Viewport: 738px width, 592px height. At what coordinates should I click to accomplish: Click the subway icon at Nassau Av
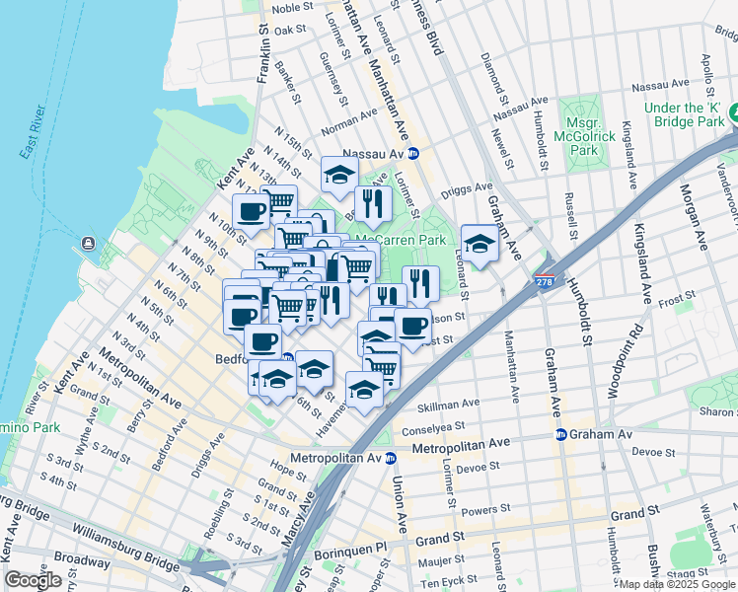click(x=414, y=154)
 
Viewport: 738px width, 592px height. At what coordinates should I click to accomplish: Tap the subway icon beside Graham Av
click(x=560, y=434)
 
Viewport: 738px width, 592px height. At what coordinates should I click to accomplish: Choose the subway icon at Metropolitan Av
click(x=391, y=458)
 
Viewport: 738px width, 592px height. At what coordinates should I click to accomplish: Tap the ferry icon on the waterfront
click(x=90, y=243)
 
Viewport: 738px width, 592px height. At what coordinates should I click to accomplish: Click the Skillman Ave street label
click(x=448, y=404)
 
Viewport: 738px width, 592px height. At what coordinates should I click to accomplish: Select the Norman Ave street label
click(x=349, y=126)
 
